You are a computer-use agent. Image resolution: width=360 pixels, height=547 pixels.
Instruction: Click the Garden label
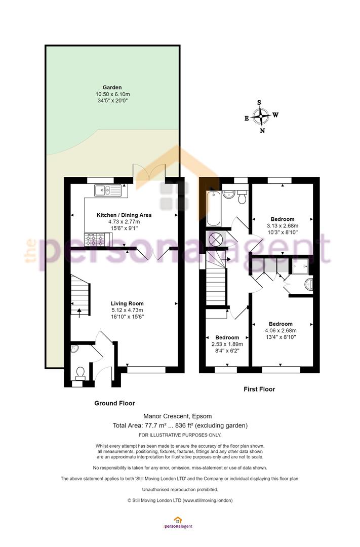pos(112,88)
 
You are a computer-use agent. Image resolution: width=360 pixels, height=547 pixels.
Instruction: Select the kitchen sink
pos(107,190)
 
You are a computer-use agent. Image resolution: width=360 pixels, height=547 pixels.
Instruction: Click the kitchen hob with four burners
pos(94,239)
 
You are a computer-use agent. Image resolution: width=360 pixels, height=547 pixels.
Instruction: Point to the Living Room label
pos(127,303)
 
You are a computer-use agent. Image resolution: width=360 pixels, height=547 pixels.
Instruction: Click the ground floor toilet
pos(81,373)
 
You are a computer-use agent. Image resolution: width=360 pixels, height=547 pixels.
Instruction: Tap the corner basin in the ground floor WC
pos(74,349)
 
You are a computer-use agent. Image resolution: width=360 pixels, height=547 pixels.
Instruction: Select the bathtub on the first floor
pos(213,208)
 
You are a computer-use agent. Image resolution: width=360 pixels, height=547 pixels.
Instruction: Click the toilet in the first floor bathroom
pos(242,197)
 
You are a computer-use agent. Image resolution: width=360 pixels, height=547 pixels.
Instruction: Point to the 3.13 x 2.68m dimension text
pos(283,226)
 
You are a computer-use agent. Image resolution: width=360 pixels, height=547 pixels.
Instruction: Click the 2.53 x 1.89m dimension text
pos(227,344)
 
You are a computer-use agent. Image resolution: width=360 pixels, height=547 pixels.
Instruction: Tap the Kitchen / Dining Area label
pos(124,215)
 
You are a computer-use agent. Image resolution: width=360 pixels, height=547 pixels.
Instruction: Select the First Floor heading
pos(259,389)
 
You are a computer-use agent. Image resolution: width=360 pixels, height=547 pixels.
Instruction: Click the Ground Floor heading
pos(114,403)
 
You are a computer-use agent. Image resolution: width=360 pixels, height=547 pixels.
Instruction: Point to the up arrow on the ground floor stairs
pos(79,312)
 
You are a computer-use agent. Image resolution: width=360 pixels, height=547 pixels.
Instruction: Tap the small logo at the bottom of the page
pos(178,522)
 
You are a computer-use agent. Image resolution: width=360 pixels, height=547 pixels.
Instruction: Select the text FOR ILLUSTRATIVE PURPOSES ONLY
pos(180,435)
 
